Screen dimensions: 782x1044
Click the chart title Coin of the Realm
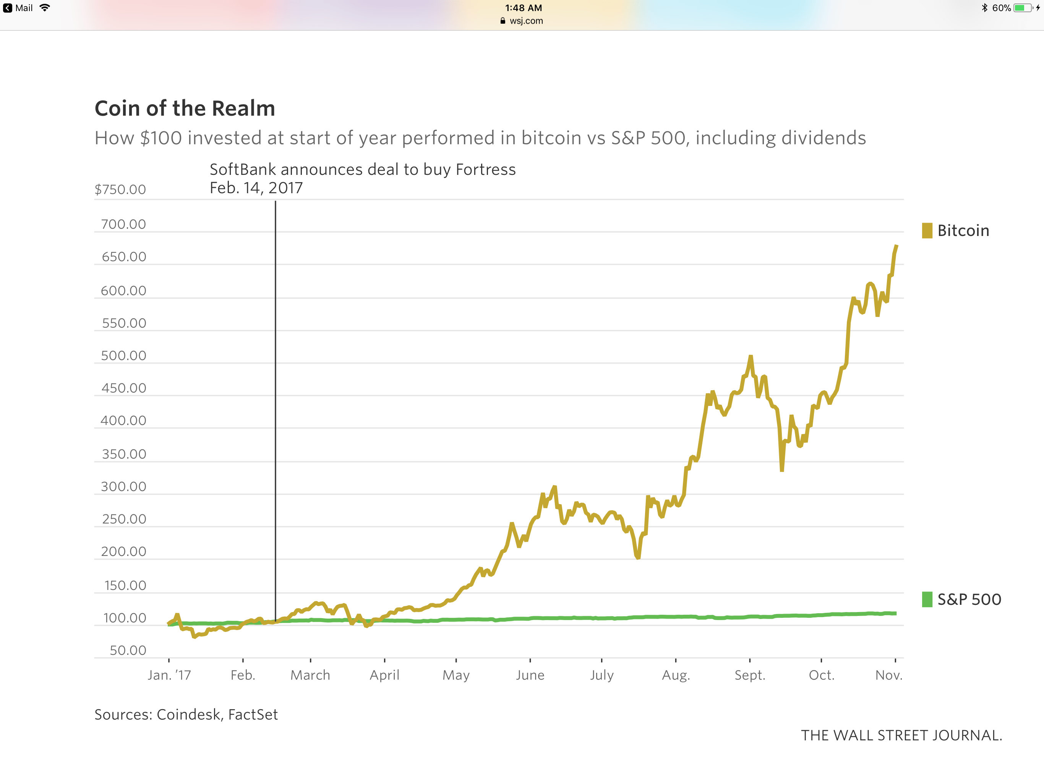pyautogui.click(x=185, y=108)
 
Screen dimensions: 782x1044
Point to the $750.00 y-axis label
pyautogui.click(x=120, y=190)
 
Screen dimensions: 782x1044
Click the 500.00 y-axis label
pyautogui.click(x=124, y=355)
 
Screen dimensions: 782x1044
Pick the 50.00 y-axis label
pyautogui.click(x=128, y=650)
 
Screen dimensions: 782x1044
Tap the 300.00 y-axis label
pyautogui.click(x=124, y=487)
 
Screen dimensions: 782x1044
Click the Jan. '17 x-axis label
pyautogui.click(x=169, y=675)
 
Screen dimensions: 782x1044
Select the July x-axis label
pyautogui.click(x=602, y=675)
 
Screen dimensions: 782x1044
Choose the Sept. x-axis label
pyautogui.click(x=749, y=675)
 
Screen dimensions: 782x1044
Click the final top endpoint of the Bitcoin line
pyautogui.click(x=896, y=246)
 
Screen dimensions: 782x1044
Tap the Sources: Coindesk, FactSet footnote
pyautogui.click(x=186, y=714)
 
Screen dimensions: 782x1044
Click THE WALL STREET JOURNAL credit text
pyautogui.click(x=901, y=735)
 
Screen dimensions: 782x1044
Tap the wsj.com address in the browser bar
pyautogui.click(x=526, y=21)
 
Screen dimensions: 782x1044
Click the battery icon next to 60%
pyautogui.click(x=1022, y=8)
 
